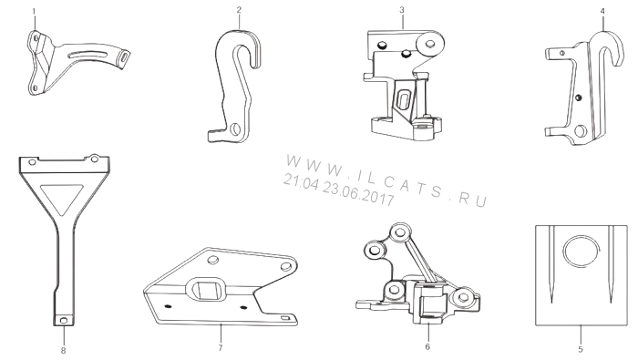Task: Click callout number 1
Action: pos(34,11)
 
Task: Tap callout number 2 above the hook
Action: pos(239,10)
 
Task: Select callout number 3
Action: pos(402,10)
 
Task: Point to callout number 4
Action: pos(602,11)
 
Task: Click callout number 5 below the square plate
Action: pos(581,349)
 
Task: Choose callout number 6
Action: pos(427,346)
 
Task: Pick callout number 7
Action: pos(221,347)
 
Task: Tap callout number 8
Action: pos(63,350)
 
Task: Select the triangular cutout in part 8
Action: pos(61,197)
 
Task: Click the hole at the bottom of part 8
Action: pos(64,321)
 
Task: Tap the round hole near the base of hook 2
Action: pos(234,129)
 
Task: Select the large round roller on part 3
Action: pos(429,43)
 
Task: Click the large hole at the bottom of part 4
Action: pos(581,130)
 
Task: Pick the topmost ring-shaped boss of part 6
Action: pos(400,232)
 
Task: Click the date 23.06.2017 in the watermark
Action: pos(358,193)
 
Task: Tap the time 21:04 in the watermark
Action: pos(301,181)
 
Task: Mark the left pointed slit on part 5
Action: pos(551,264)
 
